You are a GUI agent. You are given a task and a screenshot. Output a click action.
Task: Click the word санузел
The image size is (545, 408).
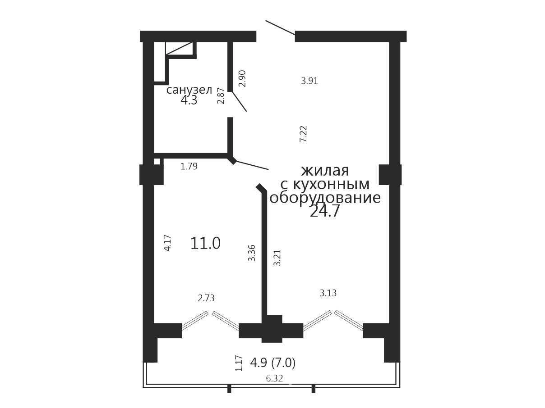click(x=189, y=90)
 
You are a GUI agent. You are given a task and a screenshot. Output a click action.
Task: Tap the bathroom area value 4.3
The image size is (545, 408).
click(x=189, y=100)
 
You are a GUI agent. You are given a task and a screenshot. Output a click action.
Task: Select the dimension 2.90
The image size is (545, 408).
click(x=242, y=78)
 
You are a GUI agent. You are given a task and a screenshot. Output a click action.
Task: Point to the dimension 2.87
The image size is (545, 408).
click(x=221, y=96)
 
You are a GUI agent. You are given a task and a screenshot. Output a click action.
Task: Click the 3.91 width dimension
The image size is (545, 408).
click(x=309, y=81)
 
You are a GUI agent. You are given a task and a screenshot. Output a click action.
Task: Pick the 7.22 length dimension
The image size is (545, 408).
click(x=304, y=134)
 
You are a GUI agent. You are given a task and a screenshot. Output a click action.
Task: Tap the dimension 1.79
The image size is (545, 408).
click(x=189, y=166)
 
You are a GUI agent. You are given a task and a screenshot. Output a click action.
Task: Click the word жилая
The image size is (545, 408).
click(x=325, y=171)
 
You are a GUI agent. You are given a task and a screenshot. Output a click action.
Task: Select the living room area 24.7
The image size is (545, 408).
click(x=324, y=211)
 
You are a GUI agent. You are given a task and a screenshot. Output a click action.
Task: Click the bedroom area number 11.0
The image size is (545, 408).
click(x=205, y=243)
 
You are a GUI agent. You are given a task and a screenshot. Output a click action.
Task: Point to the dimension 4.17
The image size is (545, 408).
click(x=168, y=243)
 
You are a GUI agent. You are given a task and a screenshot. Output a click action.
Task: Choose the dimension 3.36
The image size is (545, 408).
click(x=251, y=253)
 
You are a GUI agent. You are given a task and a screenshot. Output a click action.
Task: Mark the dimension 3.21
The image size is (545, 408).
click(x=277, y=258)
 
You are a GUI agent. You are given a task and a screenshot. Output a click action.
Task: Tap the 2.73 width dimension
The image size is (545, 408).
click(x=206, y=298)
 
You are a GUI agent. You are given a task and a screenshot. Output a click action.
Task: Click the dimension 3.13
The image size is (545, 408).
click(x=328, y=293)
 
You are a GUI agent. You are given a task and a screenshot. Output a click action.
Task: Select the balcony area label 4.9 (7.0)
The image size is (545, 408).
click(x=273, y=363)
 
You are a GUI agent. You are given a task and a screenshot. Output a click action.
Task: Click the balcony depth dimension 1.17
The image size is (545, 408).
click(x=239, y=363)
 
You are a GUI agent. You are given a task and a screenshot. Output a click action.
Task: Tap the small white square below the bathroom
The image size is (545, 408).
click(x=157, y=162)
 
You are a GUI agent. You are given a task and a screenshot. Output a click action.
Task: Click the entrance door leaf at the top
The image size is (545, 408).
click(x=280, y=27)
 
